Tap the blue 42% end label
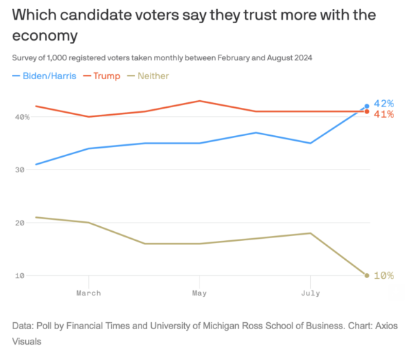[x=384, y=103]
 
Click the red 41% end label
[x=384, y=113]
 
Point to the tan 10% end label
[x=384, y=275]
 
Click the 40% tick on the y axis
[x=21, y=117]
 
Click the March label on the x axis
[x=88, y=293]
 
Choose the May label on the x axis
[x=199, y=293]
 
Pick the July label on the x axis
[x=310, y=293]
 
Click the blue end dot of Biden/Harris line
[x=366, y=106]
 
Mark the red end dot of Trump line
[x=366, y=112]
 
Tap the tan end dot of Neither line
[x=366, y=275]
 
